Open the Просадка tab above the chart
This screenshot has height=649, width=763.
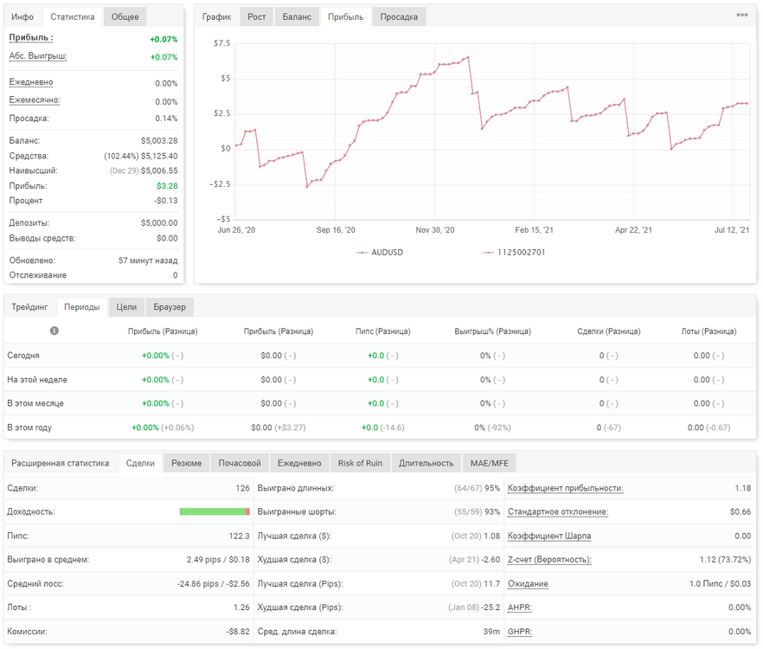click(399, 17)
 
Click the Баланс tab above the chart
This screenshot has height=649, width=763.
click(297, 17)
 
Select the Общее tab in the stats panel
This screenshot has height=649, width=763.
click(125, 17)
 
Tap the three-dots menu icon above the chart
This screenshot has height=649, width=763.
click(742, 15)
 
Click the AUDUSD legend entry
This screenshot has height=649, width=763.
click(380, 252)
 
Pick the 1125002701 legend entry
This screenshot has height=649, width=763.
click(514, 252)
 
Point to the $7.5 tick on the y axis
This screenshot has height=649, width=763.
click(221, 43)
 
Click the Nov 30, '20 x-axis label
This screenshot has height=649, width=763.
click(435, 230)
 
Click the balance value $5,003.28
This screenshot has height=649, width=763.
click(159, 141)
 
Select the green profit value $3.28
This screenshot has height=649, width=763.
click(167, 186)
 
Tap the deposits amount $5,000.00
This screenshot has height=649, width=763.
click(159, 223)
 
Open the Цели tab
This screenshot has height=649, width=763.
click(126, 307)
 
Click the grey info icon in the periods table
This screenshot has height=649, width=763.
click(54, 331)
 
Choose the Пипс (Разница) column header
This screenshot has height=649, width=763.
click(383, 331)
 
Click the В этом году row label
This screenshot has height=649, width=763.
click(29, 427)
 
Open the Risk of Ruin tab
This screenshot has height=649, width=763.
click(360, 463)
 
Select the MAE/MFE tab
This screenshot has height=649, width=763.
click(489, 463)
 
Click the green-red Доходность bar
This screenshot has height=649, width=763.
click(215, 511)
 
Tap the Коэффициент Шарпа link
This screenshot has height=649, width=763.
click(549, 536)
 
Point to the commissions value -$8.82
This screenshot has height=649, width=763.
click(238, 632)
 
